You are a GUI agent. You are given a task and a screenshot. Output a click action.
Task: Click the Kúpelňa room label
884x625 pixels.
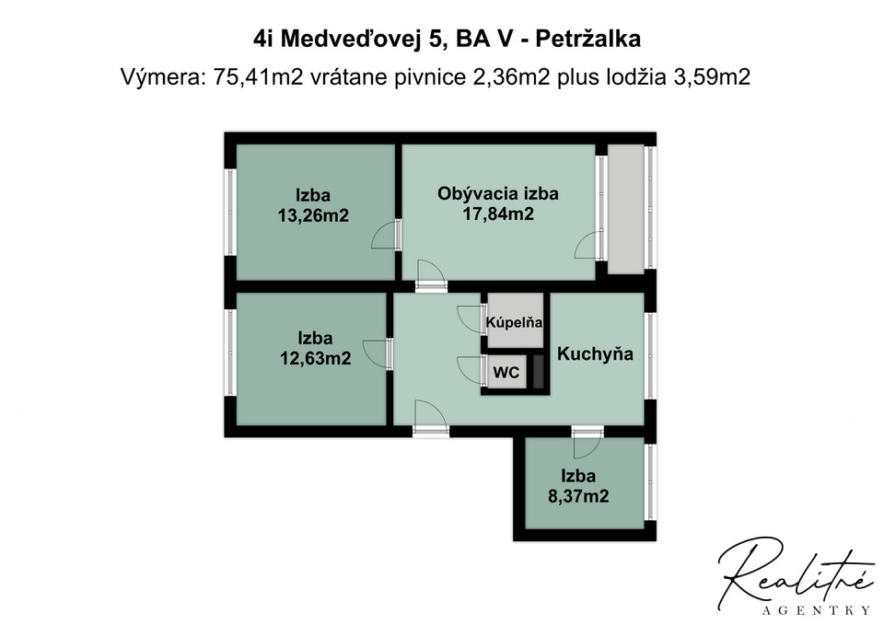click(515, 323)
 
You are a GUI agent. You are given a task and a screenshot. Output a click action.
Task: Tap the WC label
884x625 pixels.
click(506, 373)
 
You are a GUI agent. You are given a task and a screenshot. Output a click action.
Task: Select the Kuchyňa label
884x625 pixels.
click(596, 353)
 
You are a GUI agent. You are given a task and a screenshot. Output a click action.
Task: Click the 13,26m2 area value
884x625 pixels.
click(313, 215)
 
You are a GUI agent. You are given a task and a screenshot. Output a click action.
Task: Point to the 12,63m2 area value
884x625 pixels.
click(315, 358)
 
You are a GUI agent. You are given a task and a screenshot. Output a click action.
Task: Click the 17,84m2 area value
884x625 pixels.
click(498, 214)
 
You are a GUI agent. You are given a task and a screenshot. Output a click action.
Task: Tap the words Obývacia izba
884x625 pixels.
click(498, 193)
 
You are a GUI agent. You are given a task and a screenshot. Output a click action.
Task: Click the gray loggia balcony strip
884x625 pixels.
click(626, 208)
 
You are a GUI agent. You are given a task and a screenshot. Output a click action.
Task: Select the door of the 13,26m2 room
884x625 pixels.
click(386, 237)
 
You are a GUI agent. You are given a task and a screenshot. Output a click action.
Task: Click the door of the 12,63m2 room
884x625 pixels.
click(377, 353)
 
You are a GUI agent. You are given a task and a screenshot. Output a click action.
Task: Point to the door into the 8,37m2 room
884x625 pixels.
click(586, 446)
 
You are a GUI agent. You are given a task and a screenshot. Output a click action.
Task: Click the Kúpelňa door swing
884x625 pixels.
click(471, 318)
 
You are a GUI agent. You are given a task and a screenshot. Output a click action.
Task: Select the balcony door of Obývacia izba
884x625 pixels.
click(587, 246)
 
